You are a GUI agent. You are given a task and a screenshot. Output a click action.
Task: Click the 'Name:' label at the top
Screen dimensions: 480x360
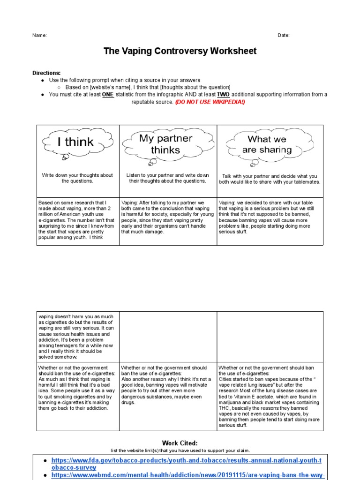coord(39,36)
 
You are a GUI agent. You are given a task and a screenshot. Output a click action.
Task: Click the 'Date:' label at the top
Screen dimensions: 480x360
coord(284,36)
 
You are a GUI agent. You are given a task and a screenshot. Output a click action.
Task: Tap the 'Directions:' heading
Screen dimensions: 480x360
coord(46,73)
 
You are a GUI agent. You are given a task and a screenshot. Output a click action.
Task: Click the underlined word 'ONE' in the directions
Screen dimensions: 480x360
coord(108,95)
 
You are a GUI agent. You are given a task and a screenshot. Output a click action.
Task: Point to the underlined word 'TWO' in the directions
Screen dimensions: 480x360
coord(223,95)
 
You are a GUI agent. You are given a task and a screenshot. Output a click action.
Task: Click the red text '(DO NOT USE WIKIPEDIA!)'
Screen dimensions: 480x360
coord(210,102)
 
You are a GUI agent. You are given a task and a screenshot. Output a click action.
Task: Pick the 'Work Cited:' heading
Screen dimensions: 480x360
coord(180,443)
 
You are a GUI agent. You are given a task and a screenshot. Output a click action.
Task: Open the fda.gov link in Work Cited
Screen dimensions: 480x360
coord(186,464)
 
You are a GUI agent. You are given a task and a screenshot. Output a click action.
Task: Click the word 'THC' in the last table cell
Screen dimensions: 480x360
coord(225,408)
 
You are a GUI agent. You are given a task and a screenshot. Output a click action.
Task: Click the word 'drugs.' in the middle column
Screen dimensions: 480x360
coord(128,402)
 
